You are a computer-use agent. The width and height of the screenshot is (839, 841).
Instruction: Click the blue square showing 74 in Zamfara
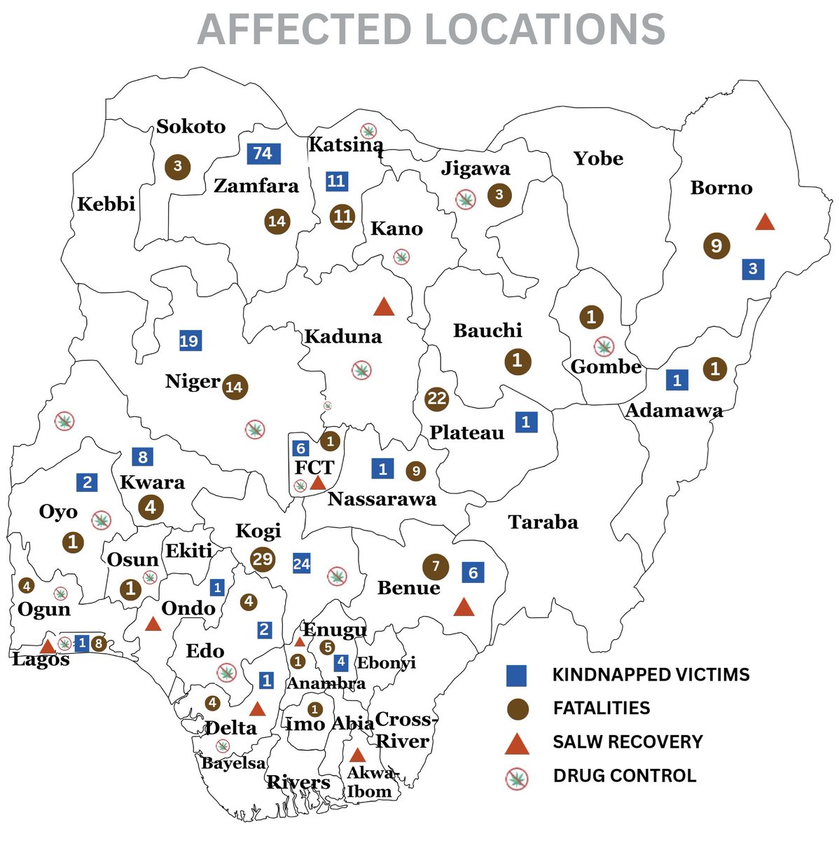point(263,153)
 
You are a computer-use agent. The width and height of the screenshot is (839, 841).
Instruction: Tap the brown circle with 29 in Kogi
point(263,559)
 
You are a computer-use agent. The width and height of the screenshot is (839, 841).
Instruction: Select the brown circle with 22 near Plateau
point(436,399)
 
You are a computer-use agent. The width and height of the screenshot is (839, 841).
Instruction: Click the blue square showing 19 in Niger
point(189,341)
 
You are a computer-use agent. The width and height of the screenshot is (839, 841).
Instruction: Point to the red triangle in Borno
point(765,222)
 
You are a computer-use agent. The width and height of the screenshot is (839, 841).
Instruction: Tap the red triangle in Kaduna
point(384,307)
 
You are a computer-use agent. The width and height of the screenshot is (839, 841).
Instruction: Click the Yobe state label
point(598,158)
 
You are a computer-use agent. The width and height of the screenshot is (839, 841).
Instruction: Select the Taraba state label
point(543,522)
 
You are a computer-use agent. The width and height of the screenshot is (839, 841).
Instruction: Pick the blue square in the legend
point(517,675)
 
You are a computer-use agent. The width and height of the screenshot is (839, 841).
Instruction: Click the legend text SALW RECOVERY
point(627,741)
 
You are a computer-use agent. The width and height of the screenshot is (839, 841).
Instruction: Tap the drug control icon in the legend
point(517,777)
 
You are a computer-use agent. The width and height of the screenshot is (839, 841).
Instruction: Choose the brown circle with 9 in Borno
point(716,245)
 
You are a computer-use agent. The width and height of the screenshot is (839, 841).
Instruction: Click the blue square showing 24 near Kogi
point(302,563)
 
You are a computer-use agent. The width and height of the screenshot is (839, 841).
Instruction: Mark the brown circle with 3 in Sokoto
point(177,166)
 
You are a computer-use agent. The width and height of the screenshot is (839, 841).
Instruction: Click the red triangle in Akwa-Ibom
point(357,755)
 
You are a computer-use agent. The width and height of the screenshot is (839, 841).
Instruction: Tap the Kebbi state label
point(106,205)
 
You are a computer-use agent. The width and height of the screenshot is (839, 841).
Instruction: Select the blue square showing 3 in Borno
point(753,268)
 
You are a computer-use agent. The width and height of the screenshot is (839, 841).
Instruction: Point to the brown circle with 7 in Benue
point(436,566)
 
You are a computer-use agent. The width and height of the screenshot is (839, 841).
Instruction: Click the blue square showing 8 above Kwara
point(143,458)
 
